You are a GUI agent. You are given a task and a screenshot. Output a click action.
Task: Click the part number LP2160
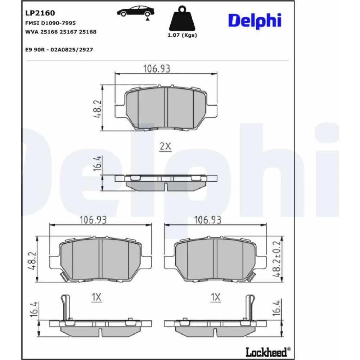coord(40,13)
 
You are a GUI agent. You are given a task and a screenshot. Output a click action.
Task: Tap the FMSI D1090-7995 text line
coord(50,23)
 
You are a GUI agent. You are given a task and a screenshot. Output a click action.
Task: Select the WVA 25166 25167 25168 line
coord(61,32)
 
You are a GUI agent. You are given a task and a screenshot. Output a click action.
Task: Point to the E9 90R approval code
coord(59,50)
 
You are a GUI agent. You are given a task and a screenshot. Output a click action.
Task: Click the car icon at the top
coord(136,13)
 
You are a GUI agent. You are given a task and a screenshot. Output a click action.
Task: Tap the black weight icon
coord(182,19)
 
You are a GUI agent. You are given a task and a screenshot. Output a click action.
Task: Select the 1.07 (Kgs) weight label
coord(182,35)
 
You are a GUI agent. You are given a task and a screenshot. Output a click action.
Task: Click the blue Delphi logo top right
coord(255,21)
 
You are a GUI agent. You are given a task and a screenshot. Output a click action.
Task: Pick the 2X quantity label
coord(165,146)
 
